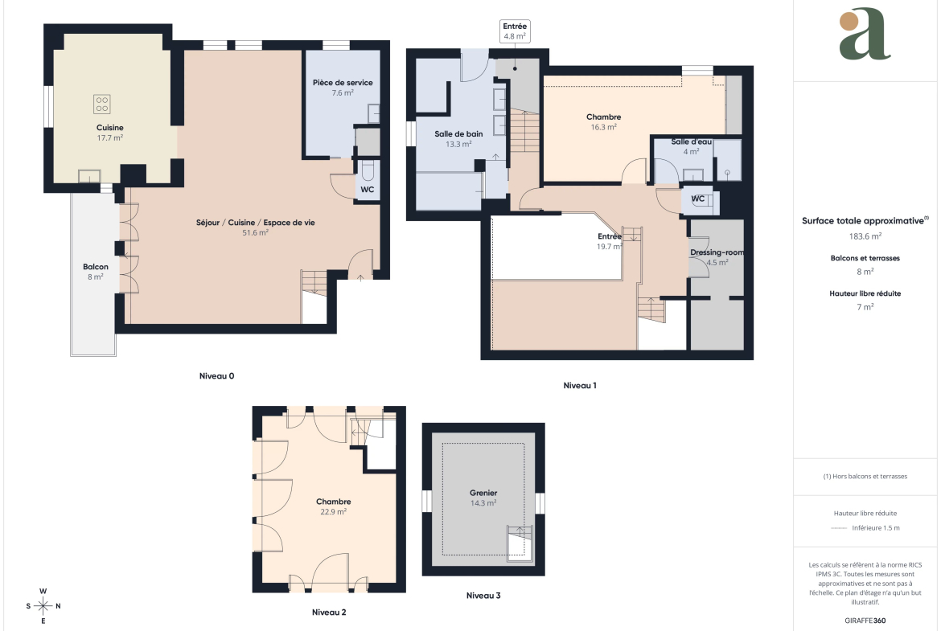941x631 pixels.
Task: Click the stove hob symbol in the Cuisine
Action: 102,104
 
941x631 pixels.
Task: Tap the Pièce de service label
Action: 343,83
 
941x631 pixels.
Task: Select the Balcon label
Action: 96,267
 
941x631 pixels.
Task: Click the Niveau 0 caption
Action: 216,376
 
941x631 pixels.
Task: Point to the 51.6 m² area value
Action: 255,233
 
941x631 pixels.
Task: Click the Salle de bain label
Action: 458,133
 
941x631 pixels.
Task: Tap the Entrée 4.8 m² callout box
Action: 515,31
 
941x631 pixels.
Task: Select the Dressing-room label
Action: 717,252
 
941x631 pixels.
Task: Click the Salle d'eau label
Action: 692,141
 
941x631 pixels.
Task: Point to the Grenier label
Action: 483,493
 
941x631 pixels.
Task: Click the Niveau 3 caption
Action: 483,596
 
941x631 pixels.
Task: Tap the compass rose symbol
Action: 43,606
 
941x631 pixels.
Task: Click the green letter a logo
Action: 864,35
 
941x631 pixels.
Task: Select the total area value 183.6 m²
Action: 865,236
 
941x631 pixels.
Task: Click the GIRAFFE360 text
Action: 865,621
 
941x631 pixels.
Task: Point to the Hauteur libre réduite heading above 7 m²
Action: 865,293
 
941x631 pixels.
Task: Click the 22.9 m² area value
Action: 333,512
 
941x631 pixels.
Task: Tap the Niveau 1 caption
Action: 580,386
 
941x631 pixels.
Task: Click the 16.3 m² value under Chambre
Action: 604,127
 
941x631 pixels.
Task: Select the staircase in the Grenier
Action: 520,543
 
